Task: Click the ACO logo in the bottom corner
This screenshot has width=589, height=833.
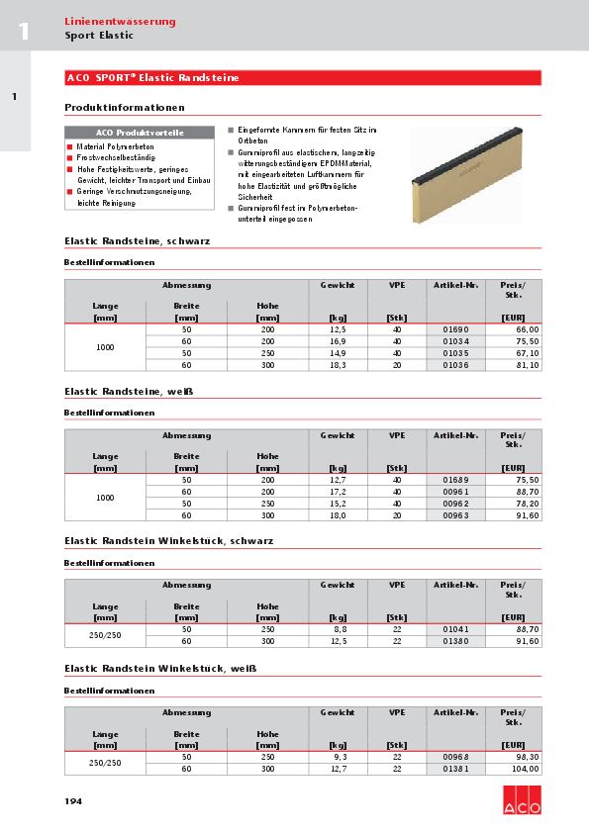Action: pyautogui.click(x=521, y=798)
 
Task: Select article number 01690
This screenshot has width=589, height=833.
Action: pyautogui.click(x=455, y=328)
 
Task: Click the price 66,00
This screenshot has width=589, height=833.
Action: pyautogui.click(x=527, y=328)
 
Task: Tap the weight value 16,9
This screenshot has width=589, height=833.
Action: pyautogui.click(x=337, y=341)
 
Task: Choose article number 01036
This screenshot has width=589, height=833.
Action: pyautogui.click(x=455, y=365)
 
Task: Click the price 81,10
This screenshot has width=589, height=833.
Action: pyautogui.click(x=527, y=365)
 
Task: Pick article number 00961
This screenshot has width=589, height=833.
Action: pyautogui.click(x=455, y=492)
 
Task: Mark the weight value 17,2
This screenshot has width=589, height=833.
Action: pyautogui.click(x=337, y=492)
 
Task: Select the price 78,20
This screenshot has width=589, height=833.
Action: pyautogui.click(x=527, y=504)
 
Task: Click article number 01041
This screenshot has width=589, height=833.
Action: pyautogui.click(x=455, y=629)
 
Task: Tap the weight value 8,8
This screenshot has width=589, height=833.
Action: pyautogui.click(x=338, y=629)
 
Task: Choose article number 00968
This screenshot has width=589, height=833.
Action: pyautogui.click(x=455, y=756)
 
